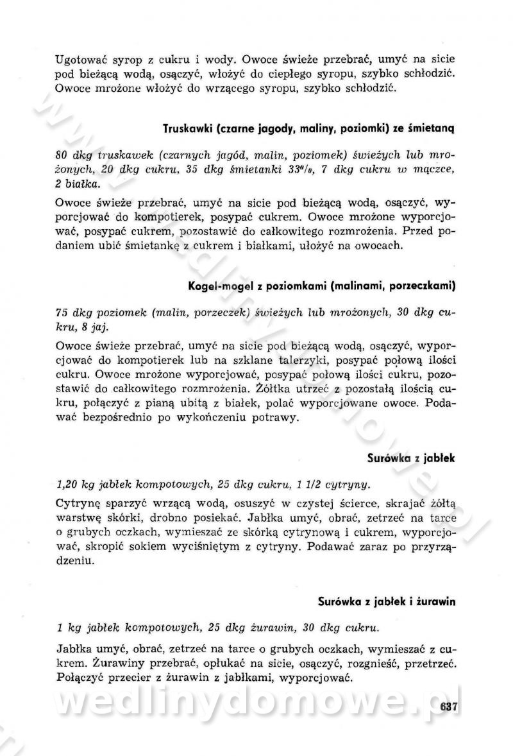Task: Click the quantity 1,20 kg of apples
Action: tap(78, 484)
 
